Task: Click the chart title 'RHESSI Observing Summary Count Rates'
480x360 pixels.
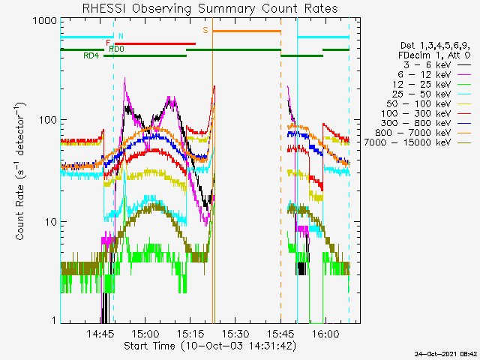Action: (x=210, y=8)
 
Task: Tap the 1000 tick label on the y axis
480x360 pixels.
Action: (x=45, y=21)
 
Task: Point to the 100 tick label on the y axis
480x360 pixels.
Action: (x=48, y=120)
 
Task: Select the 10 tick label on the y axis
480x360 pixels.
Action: (x=51, y=222)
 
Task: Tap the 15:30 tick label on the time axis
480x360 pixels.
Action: (x=235, y=333)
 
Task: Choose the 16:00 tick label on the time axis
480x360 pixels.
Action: (x=325, y=333)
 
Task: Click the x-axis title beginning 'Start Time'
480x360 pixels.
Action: (x=210, y=346)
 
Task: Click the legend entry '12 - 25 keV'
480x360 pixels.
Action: (x=432, y=84)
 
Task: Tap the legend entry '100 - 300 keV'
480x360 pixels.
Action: (x=426, y=113)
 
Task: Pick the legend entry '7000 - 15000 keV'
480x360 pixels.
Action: (x=418, y=142)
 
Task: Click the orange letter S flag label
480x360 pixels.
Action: (x=205, y=30)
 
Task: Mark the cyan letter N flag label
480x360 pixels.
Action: (x=121, y=36)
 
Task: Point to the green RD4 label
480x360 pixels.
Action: (x=91, y=56)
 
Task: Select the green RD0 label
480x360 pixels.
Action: (x=117, y=49)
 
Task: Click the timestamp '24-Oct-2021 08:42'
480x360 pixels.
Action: (x=446, y=354)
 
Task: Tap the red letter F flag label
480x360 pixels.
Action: (x=108, y=43)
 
